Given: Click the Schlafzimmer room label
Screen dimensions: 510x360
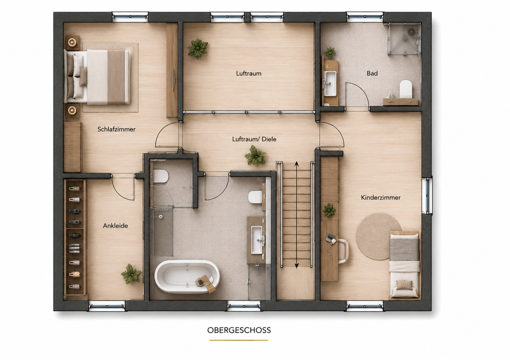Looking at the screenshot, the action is pyautogui.click(x=116, y=129).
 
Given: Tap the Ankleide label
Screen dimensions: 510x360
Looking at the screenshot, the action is pyautogui.click(x=115, y=226).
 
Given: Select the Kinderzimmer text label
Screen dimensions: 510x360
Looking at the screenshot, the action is pyautogui.click(x=380, y=197).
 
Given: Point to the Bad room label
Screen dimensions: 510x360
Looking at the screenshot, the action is pyautogui.click(x=372, y=73).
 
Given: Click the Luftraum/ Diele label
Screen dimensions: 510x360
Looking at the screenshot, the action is pyautogui.click(x=254, y=139).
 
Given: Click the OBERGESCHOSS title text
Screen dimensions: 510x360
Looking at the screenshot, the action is pyautogui.click(x=239, y=330).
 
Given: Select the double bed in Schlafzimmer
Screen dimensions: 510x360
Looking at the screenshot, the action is pyautogui.click(x=98, y=77).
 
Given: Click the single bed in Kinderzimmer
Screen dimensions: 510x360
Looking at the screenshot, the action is pyautogui.click(x=404, y=265).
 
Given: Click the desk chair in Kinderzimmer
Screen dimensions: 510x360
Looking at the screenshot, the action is pyautogui.click(x=343, y=251).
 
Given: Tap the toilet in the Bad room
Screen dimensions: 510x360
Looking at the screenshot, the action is pyautogui.click(x=405, y=88).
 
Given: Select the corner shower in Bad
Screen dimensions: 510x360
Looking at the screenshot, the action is pyautogui.click(x=404, y=39).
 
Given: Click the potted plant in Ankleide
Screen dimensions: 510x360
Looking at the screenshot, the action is pyautogui.click(x=132, y=274).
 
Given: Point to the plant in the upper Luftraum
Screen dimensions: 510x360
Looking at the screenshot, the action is pyautogui.click(x=198, y=48).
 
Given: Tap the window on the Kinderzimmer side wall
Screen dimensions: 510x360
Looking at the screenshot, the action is pyautogui.click(x=427, y=195).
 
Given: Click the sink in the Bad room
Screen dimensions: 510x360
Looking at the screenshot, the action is pyautogui.click(x=330, y=83).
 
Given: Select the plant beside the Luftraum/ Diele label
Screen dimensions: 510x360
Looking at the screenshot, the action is pyautogui.click(x=256, y=156).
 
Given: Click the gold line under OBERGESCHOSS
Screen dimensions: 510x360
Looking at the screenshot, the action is pyautogui.click(x=239, y=340).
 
